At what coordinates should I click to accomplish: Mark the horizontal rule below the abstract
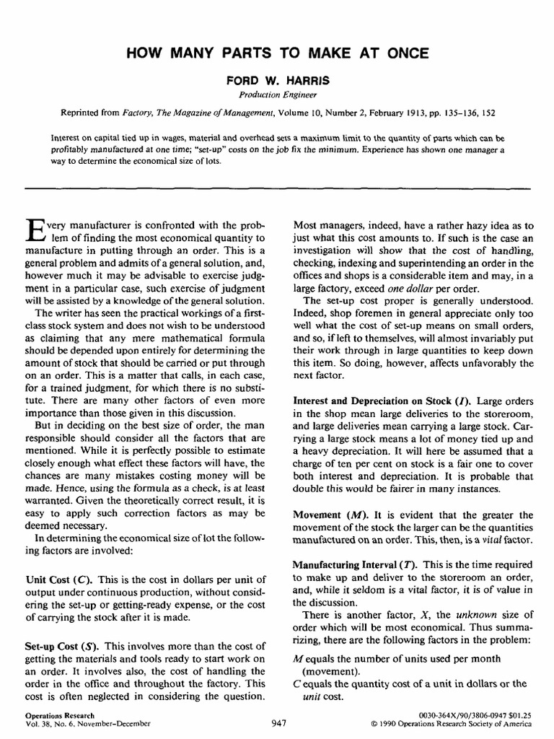tap(278, 187)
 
